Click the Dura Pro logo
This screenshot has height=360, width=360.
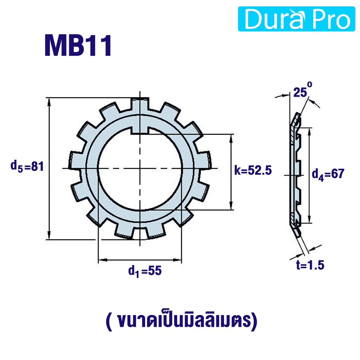296,19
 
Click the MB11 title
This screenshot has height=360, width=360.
78,45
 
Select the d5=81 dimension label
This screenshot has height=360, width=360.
27,166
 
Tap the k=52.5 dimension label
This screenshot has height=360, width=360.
253,171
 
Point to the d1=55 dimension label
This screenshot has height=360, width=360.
145,271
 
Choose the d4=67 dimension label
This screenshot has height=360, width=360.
328,174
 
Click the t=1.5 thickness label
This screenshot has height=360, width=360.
310,265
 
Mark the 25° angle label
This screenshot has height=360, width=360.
303,90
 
